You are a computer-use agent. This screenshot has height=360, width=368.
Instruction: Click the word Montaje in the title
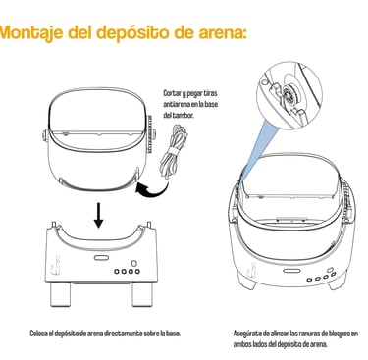[x=31, y=32]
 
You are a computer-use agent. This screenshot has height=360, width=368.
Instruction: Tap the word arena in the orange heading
[x=222, y=32]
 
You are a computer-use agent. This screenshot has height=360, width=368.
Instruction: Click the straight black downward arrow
[x=98, y=215]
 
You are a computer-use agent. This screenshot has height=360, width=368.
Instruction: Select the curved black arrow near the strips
[x=151, y=189]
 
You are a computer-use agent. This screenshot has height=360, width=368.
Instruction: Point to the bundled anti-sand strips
[x=174, y=151]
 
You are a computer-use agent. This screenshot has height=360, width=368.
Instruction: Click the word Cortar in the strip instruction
[x=172, y=93]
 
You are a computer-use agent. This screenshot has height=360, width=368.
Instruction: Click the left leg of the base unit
[x=61, y=294]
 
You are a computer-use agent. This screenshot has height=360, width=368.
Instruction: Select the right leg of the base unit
[x=142, y=294]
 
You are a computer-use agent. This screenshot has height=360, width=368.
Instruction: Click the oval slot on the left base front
[x=101, y=258]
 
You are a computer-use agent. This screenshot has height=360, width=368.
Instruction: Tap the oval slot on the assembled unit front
[x=289, y=271]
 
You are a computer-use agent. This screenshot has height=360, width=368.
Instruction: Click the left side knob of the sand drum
[x=45, y=135]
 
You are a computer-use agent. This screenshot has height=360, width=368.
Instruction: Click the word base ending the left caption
[x=174, y=334]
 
